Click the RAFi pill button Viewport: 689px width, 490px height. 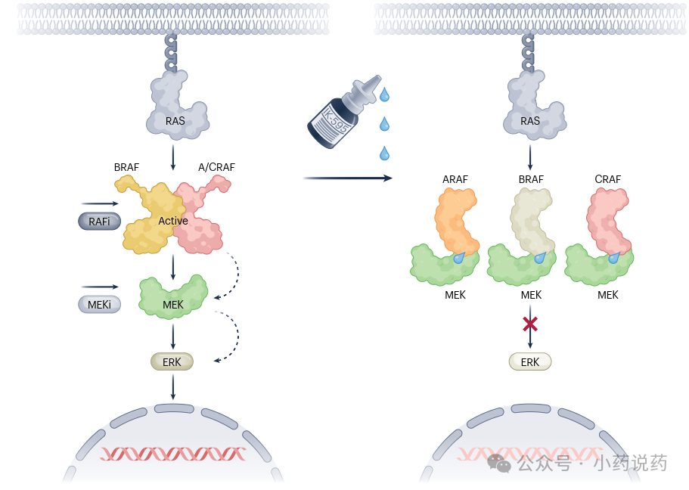pos(99,221)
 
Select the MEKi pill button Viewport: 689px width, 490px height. pos(99,304)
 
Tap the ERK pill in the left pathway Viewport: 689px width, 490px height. pos(172,362)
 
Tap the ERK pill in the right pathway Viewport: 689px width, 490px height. pos(530,362)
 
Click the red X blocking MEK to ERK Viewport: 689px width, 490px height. pos(530,324)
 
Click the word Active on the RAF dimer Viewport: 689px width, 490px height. pos(173,221)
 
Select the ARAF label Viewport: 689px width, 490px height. pos(455,179)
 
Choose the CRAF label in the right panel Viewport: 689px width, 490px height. pos(608,179)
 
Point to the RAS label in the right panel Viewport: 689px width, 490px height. pos(530,121)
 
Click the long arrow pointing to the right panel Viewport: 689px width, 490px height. pos(348,178)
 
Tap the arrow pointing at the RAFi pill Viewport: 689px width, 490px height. pos(100,203)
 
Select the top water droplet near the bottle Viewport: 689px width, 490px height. pos(384,95)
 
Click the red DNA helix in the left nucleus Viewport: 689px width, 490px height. pos(173,454)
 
